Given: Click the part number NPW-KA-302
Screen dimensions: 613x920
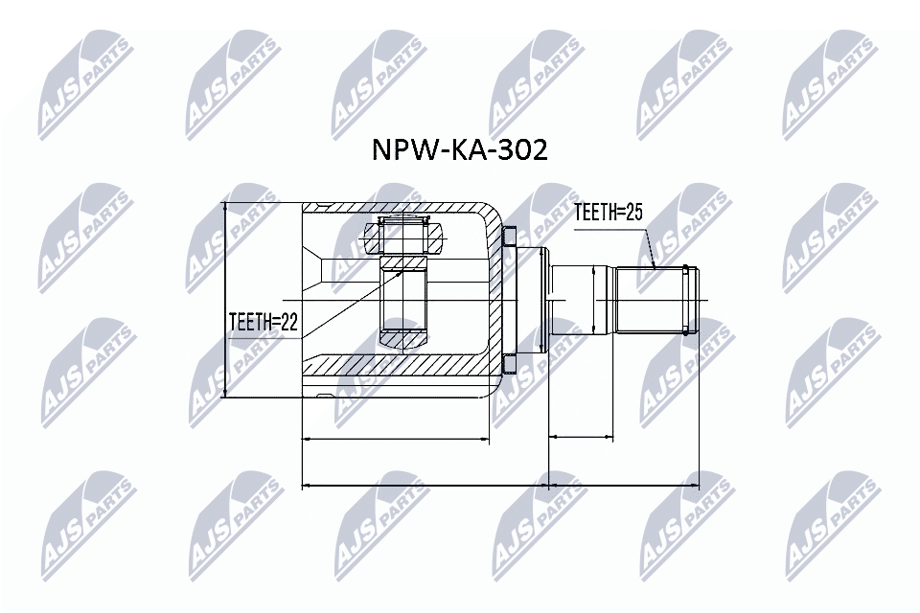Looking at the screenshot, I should pos(459,149).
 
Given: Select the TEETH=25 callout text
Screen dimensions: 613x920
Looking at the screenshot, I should pos(607,213).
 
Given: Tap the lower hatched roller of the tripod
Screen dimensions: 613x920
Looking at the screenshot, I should pos(405,340).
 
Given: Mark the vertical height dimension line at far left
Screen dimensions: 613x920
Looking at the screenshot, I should pos(224,299).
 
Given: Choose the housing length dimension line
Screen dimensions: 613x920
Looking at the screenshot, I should pos(395,439).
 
